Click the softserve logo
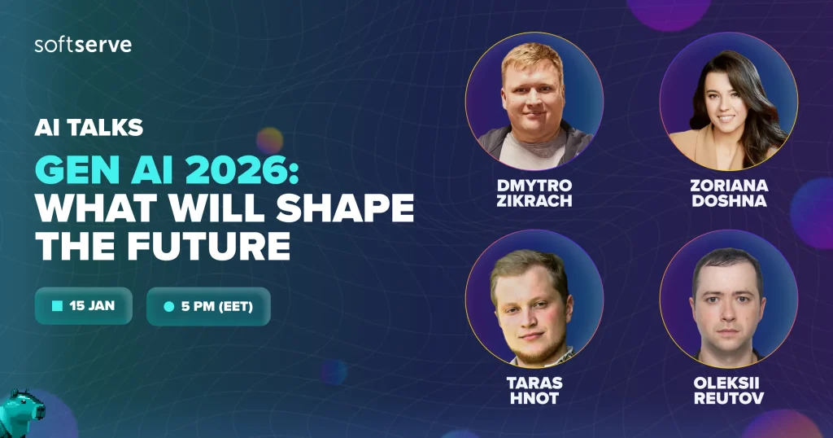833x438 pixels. point(83,45)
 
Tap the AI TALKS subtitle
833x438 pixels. point(89,128)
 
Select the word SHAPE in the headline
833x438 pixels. point(345,208)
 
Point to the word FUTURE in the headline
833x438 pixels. point(209,246)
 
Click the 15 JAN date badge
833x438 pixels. point(84,305)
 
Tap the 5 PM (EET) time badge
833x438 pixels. point(208,306)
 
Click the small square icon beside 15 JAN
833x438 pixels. point(58,305)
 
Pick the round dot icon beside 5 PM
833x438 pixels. point(169,306)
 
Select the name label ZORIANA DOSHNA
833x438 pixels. point(729,193)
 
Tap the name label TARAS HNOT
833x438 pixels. point(534,390)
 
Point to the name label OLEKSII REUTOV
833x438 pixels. point(728,390)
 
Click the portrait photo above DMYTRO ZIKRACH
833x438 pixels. point(534,102)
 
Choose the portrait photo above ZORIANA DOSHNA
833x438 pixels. point(728,102)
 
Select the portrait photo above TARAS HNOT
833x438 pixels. point(534,299)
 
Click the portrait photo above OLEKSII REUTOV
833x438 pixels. point(728,299)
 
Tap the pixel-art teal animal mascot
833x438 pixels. point(21,414)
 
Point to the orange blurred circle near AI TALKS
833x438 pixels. point(270,141)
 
